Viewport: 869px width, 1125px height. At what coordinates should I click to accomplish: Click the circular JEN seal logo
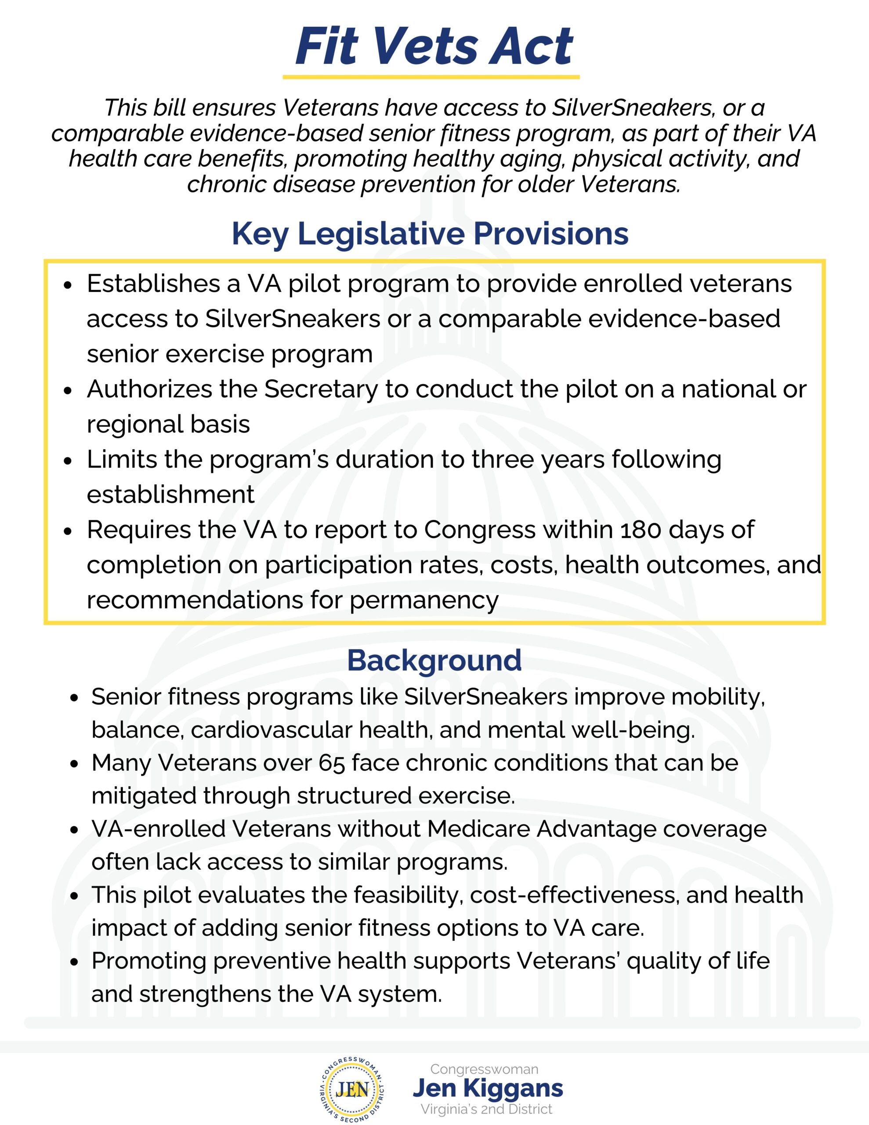(x=352, y=1089)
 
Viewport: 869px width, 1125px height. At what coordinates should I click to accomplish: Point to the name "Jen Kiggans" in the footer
(x=488, y=1088)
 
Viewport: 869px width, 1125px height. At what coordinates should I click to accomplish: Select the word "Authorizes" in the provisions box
(x=149, y=389)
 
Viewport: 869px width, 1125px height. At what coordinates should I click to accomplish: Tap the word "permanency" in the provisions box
(x=424, y=600)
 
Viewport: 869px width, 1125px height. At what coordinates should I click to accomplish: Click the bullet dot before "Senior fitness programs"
(x=75, y=698)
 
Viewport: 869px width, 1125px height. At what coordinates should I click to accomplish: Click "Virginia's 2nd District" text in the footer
(x=486, y=1109)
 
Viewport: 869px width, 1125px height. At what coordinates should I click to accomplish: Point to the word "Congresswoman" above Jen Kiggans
(x=484, y=1069)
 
